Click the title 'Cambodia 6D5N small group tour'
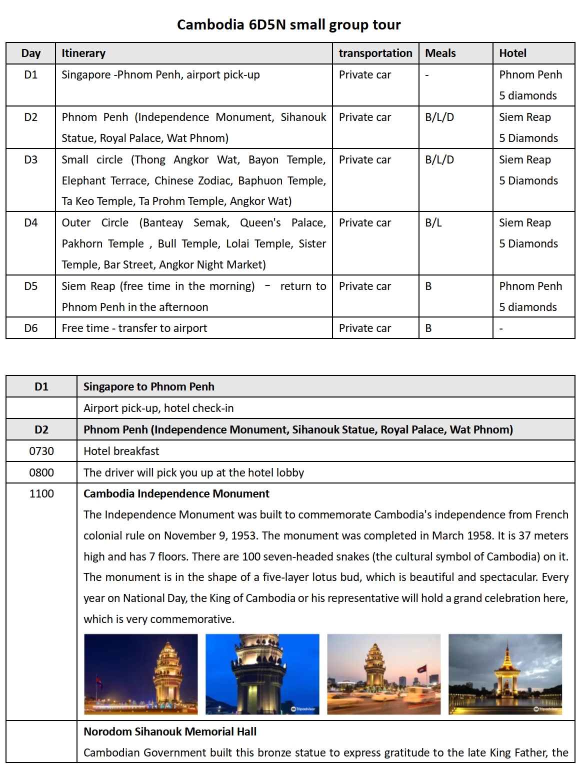289,24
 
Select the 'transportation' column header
375,53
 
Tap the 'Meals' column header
440,53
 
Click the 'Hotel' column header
512,53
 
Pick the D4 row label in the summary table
31,222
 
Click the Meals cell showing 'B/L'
433,222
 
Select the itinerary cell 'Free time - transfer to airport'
134,328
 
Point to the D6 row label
31,328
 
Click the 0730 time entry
41,451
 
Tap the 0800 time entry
41,472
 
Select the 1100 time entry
41,493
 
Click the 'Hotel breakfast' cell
121,451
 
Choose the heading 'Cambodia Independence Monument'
176,493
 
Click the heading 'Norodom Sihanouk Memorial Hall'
169,731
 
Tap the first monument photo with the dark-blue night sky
141,674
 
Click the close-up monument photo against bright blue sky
262,674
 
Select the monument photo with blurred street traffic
384,674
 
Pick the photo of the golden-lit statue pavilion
505,674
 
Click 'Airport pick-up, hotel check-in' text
158,408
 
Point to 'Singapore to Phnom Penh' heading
148,386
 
